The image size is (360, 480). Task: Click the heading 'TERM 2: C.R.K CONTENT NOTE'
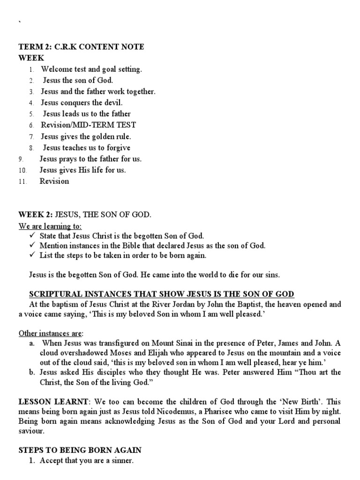81,47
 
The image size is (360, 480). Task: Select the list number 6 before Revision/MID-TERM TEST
31,126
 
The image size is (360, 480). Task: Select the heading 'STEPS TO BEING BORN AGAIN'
80,450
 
